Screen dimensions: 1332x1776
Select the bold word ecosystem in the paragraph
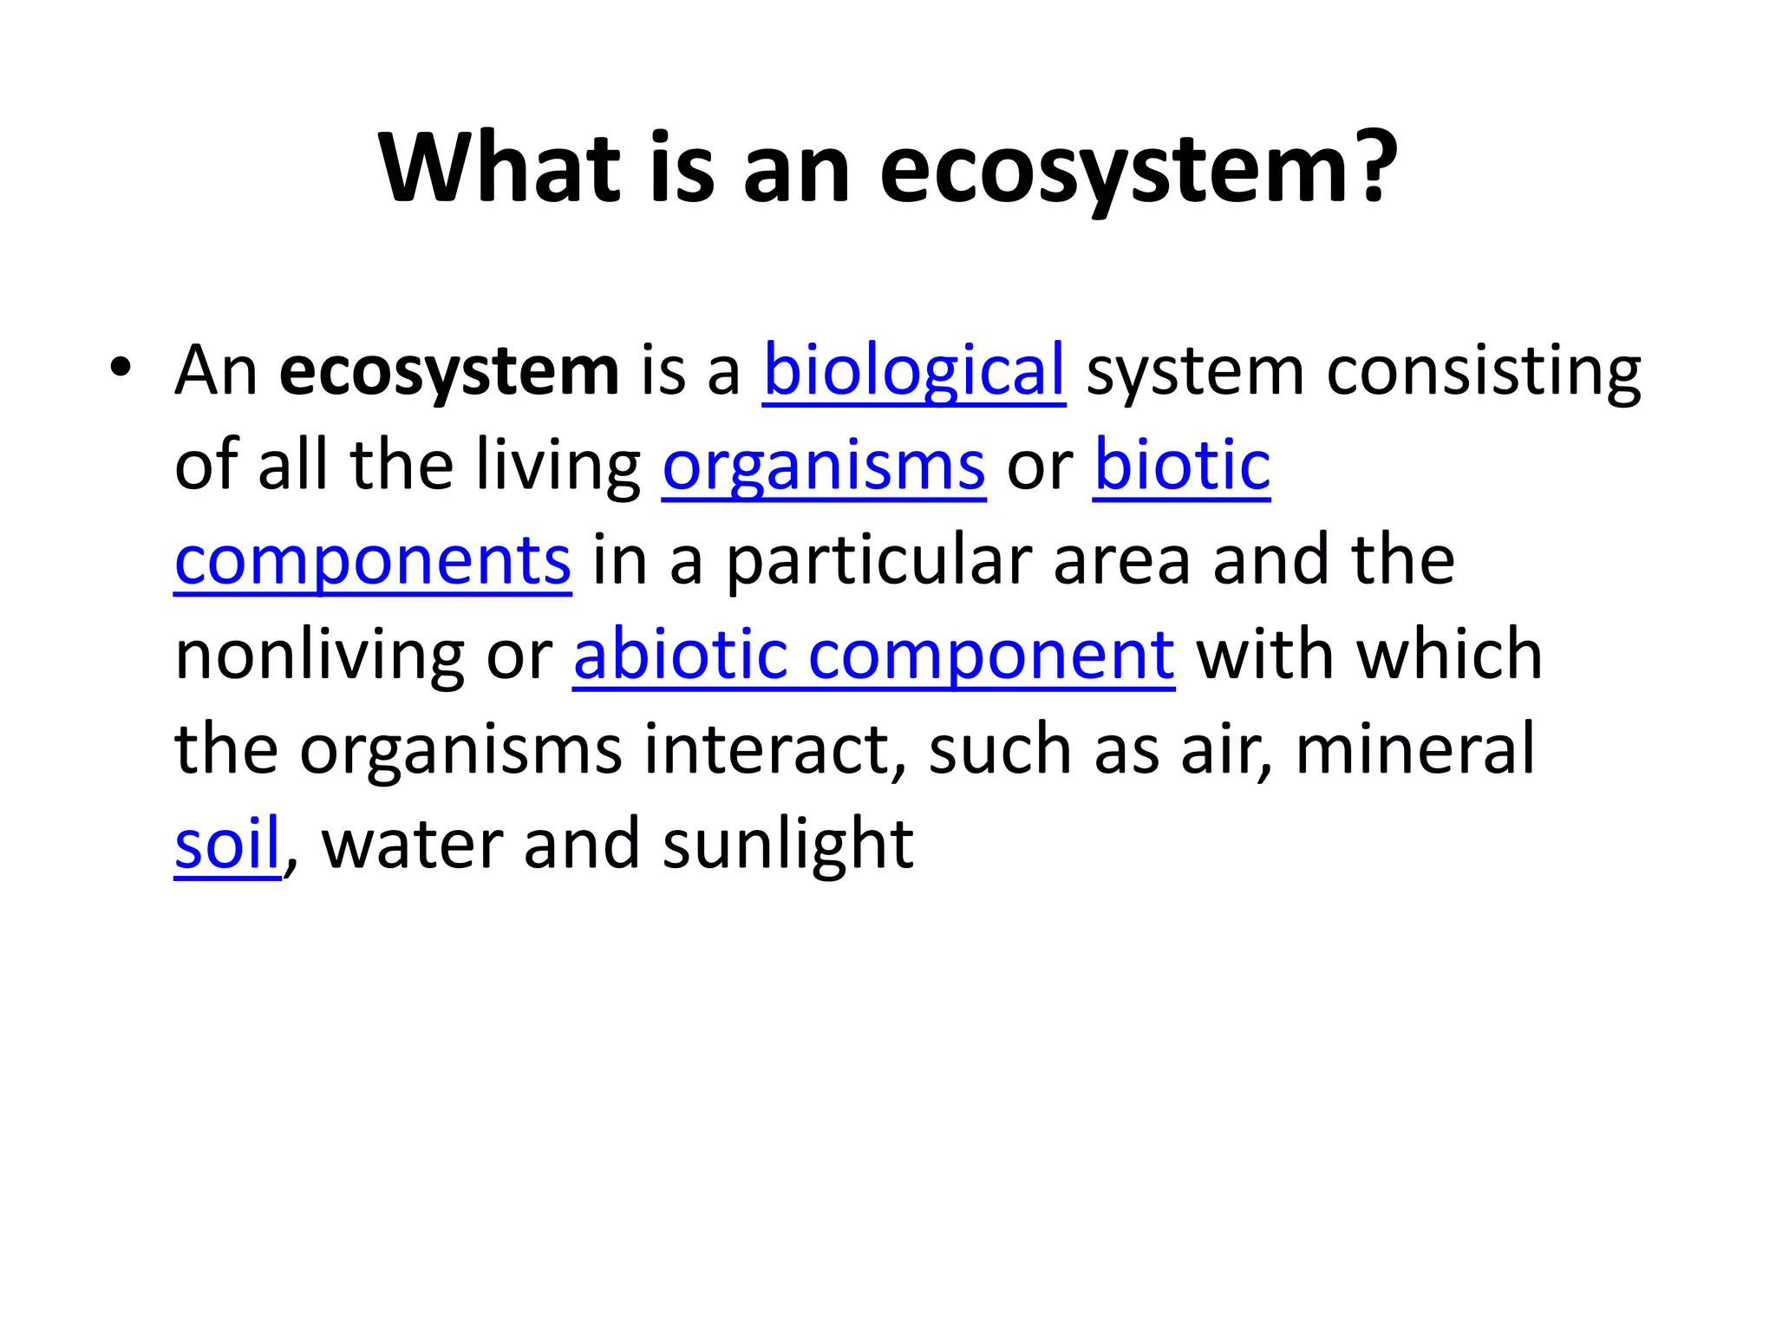pyautogui.click(x=449, y=371)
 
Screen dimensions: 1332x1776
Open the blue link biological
pyautogui.click(x=914, y=371)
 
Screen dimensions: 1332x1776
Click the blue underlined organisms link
pyautogui.click(x=824, y=467)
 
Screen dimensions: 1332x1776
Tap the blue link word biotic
pyautogui.click(x=1182, y=467)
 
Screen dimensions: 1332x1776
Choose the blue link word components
pyautogui.click(x=373, y=562)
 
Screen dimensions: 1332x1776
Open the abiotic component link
pyautogui.click(x=874, y=656)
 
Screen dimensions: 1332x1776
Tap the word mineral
pyautogui.click(x=1414, y=749)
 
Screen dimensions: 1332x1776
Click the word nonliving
pyautogui.click(x=319, y=656)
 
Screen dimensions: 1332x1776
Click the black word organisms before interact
pyautogui.click(x=460, y=749)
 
